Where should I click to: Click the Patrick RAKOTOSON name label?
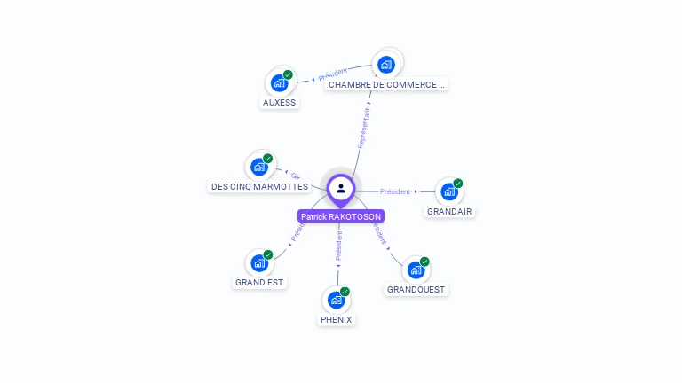pos(341,216)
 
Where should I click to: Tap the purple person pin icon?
pos(341,189)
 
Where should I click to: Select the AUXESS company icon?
pos(280,83)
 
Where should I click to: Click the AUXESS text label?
pos(279,103)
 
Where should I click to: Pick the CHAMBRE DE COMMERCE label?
pos(385,85)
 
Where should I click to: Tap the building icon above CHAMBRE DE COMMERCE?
pos(386,64)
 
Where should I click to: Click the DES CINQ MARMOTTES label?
pos(259,187)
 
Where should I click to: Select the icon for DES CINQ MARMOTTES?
pos(259,166)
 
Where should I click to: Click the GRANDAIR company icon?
pos(449,191)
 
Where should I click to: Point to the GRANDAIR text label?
pos(449,212)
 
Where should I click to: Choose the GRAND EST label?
pos(259,283)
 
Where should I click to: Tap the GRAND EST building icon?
pos(259,262)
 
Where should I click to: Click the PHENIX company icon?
pos(336,300)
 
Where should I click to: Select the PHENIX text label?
pos(336,320)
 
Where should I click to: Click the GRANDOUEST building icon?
pos(416,270)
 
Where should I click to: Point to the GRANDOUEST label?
pos(416,290)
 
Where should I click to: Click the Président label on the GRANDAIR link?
pos(395,191)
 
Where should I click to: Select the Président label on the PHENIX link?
pos(338,249)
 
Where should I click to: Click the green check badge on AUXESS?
pos(288,75)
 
